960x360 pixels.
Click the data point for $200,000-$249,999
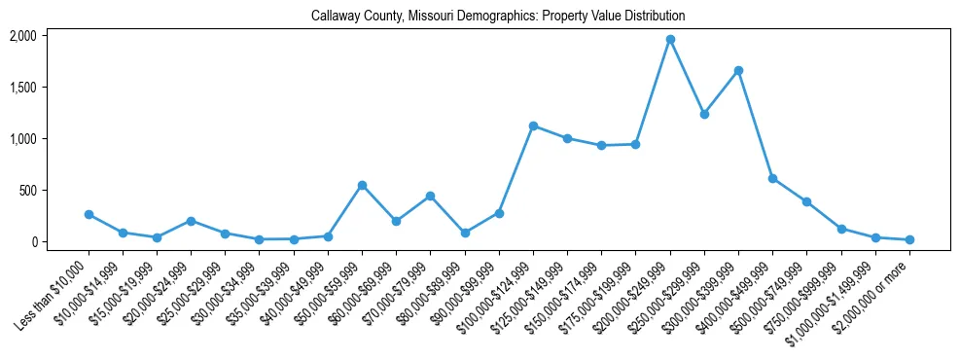(x=670, y=40)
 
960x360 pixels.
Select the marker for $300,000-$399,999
(x=739, y=70)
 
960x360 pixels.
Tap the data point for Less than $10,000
(x=89, y=214)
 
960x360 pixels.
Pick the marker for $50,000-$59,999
(x=362, y=185)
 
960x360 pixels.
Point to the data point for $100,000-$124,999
(x=533, y=126)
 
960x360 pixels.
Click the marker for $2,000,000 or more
(x=909, y=239)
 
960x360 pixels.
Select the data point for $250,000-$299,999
(x=704, y=114)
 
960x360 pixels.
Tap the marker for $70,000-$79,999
(x=430, y=196)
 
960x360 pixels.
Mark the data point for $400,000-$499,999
(x=772, y=178)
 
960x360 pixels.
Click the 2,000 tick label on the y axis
(x=22, y=36)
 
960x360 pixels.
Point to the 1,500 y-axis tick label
(x=22, y=88)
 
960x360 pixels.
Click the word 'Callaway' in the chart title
(x=335, y=17)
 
